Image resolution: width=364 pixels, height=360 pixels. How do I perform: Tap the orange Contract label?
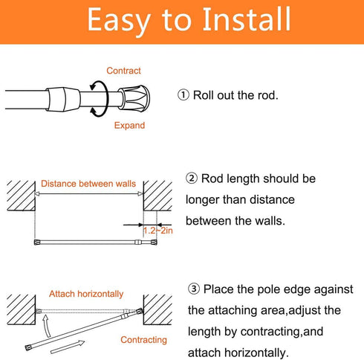coord(123,71)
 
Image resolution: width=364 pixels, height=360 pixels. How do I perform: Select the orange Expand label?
coord(129,126)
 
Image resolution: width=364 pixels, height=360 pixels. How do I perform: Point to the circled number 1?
coord(183,96)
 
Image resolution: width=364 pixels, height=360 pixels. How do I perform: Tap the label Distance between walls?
coord(88,184)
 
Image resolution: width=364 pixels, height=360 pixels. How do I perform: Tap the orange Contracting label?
coord(144,340)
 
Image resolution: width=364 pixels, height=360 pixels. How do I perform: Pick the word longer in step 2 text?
coord(207,199)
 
